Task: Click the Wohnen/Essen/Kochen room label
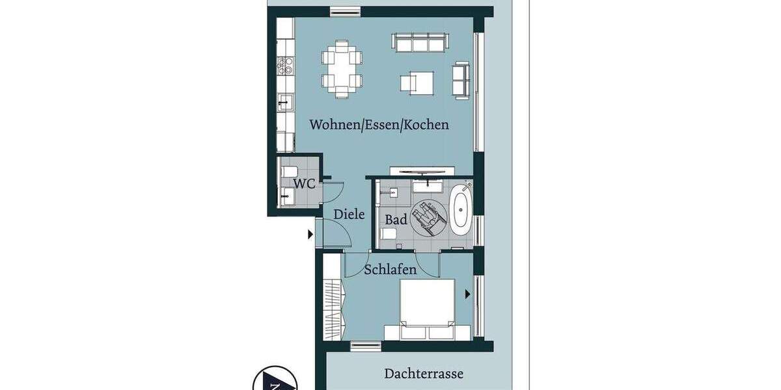(379, 124)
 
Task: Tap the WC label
(304, 183)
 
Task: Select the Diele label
(349, 214)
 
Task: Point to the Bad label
(396, 220)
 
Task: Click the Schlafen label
(390, 269)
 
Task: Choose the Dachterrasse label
(424, 374)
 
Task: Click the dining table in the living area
(342, 69)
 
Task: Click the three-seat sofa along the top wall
(420, 42)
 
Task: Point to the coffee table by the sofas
(417, 83)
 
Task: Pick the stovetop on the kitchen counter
(285, 65)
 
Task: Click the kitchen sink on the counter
(286, 103)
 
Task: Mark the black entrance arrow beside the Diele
(310, 233)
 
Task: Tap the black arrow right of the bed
(467, 294)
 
